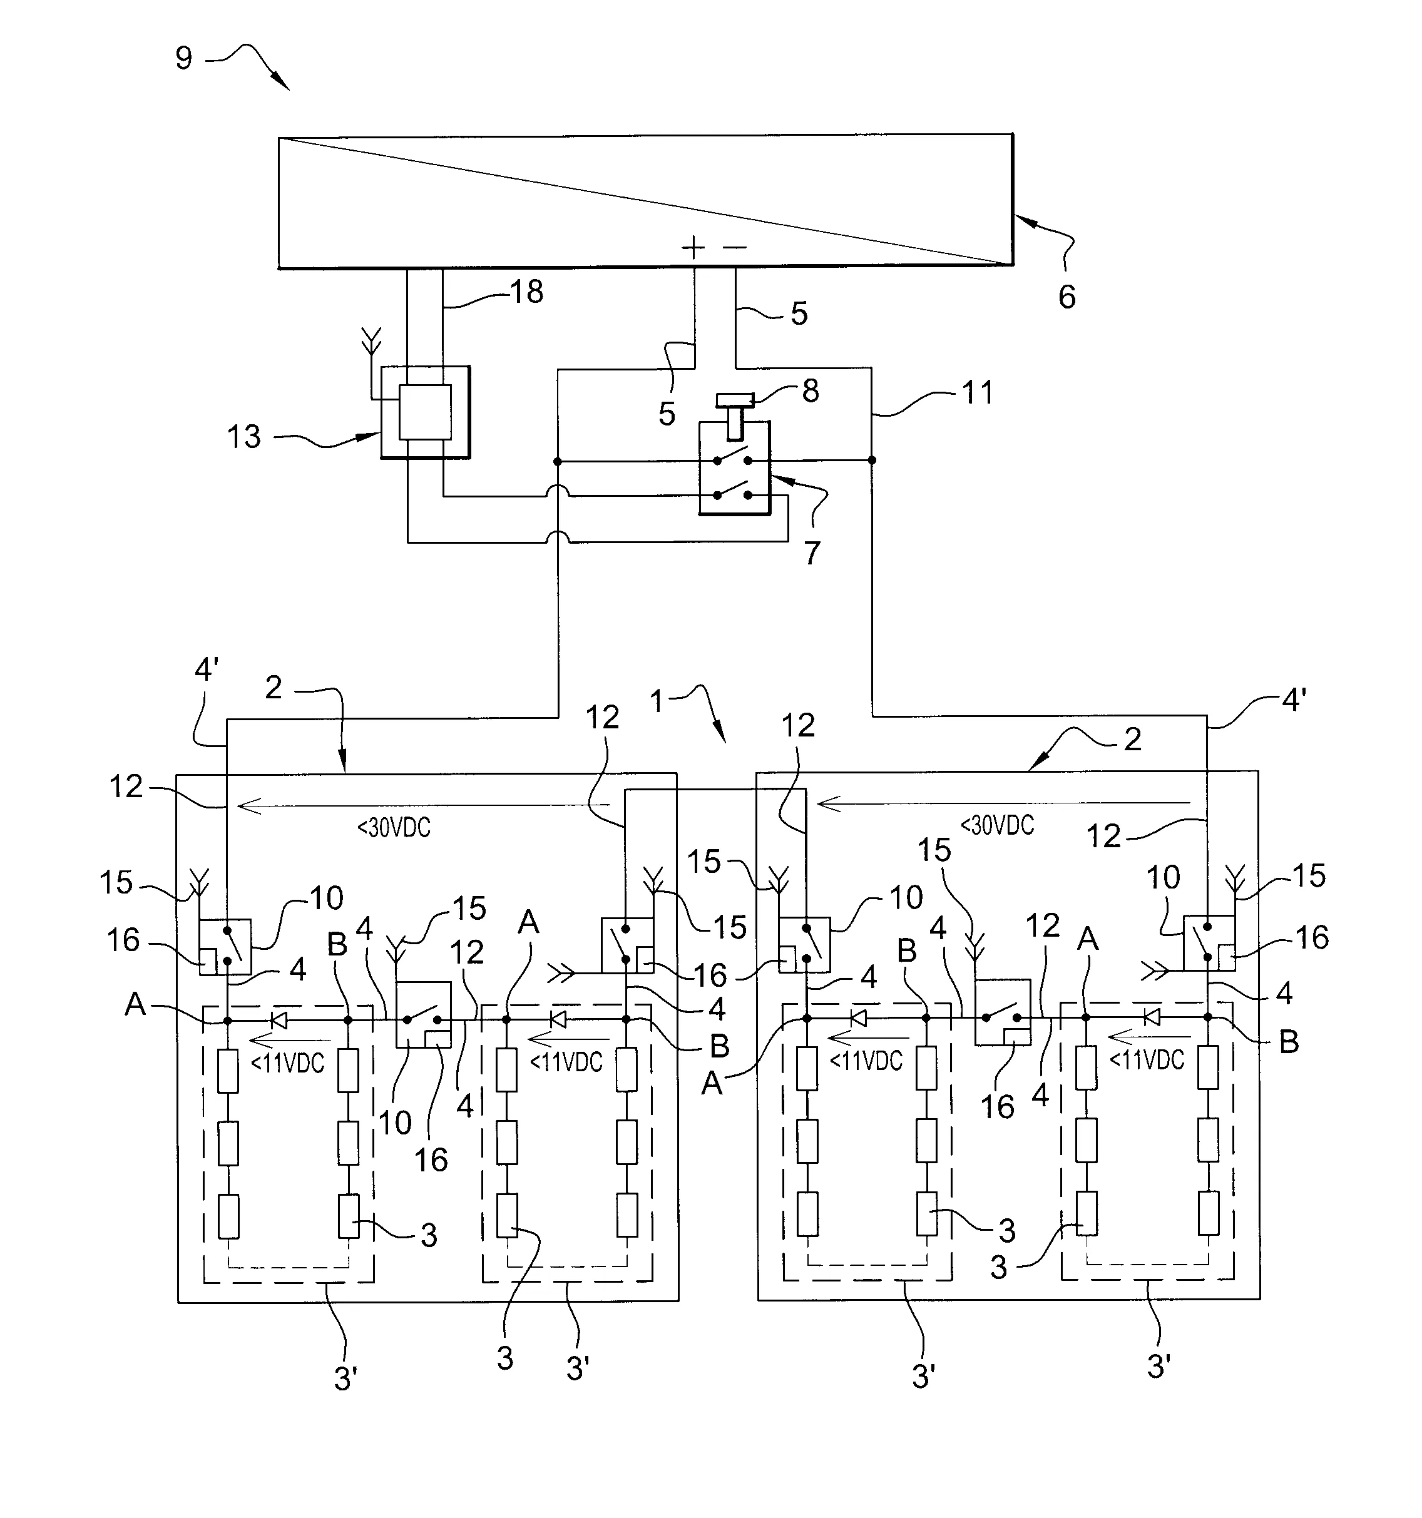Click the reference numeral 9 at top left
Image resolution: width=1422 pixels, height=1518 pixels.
[x=184, y=59]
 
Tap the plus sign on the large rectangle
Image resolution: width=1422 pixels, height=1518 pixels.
[x=693, y=247]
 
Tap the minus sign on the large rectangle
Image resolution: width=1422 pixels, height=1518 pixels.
[x=735, y=247]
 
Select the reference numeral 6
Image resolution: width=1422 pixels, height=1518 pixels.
[x=1067, y=296]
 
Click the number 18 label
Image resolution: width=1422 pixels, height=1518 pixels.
[x=527, y=292]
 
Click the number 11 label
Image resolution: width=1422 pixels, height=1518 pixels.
[x=978, y=392]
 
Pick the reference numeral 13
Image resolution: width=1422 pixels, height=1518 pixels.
[x=243, y=437]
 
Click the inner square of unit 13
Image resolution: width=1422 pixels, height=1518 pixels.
[x=424, y=412]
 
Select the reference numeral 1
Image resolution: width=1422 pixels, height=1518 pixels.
[x=657, y=700]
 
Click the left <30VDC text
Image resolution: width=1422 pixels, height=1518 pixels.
[x=394, y=827]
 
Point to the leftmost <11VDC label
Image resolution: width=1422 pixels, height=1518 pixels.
[x=288, y=1062]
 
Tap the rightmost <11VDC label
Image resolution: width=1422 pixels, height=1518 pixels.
[x=1147, y=1060]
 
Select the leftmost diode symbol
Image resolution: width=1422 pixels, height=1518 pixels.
[x=279, y=1020]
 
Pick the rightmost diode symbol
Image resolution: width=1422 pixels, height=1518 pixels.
[x=1152, y=1017]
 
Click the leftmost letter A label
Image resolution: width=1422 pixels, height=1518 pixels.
[x=135, y=1004]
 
